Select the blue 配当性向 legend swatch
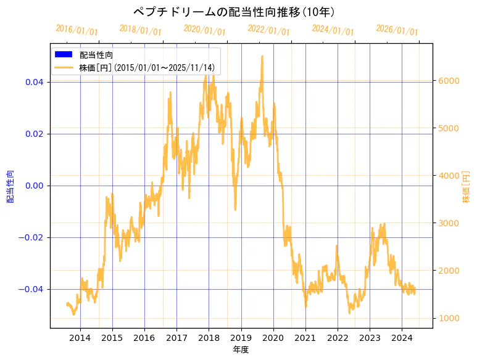(x=64, y=54)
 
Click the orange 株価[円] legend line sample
(x=64, y=67)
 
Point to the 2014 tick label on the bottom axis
(x=80, y=337)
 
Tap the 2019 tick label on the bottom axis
(x=241, y=337)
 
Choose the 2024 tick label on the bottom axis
(x=402, y=337)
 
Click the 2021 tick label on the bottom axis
(x=305, y=337)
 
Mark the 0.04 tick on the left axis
(x=35, y=82)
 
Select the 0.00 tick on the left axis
(x=35, y=186)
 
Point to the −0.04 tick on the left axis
(x=33, y=289)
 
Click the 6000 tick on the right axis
(x=449, y=81)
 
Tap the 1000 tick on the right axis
(x=449, y=318)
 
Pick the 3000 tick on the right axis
(x=449, y=223)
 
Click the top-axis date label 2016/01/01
(x=77, y=30)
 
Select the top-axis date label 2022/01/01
(x=268, y=30)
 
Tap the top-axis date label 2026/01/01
(x=397, y=30)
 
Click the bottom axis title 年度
(x=241, y=350)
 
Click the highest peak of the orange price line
(x=262, y=56)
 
